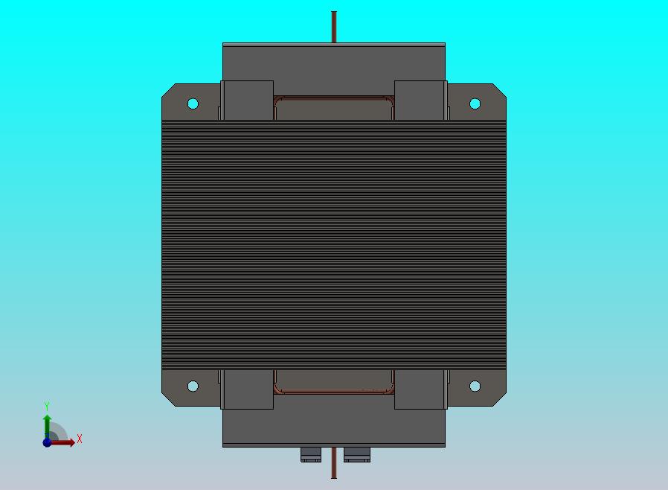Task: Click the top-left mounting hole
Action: (193, 104)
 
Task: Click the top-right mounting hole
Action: (475, 104)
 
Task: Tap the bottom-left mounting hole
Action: (193, 386)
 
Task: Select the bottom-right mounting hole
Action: (475, 386)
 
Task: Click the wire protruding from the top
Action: (334, 27)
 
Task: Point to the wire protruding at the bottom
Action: (334, 462)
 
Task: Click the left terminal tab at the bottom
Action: (311, 454)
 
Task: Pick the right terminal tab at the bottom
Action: (357, 454)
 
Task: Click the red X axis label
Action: (80, 439)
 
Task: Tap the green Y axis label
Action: (47, 406)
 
